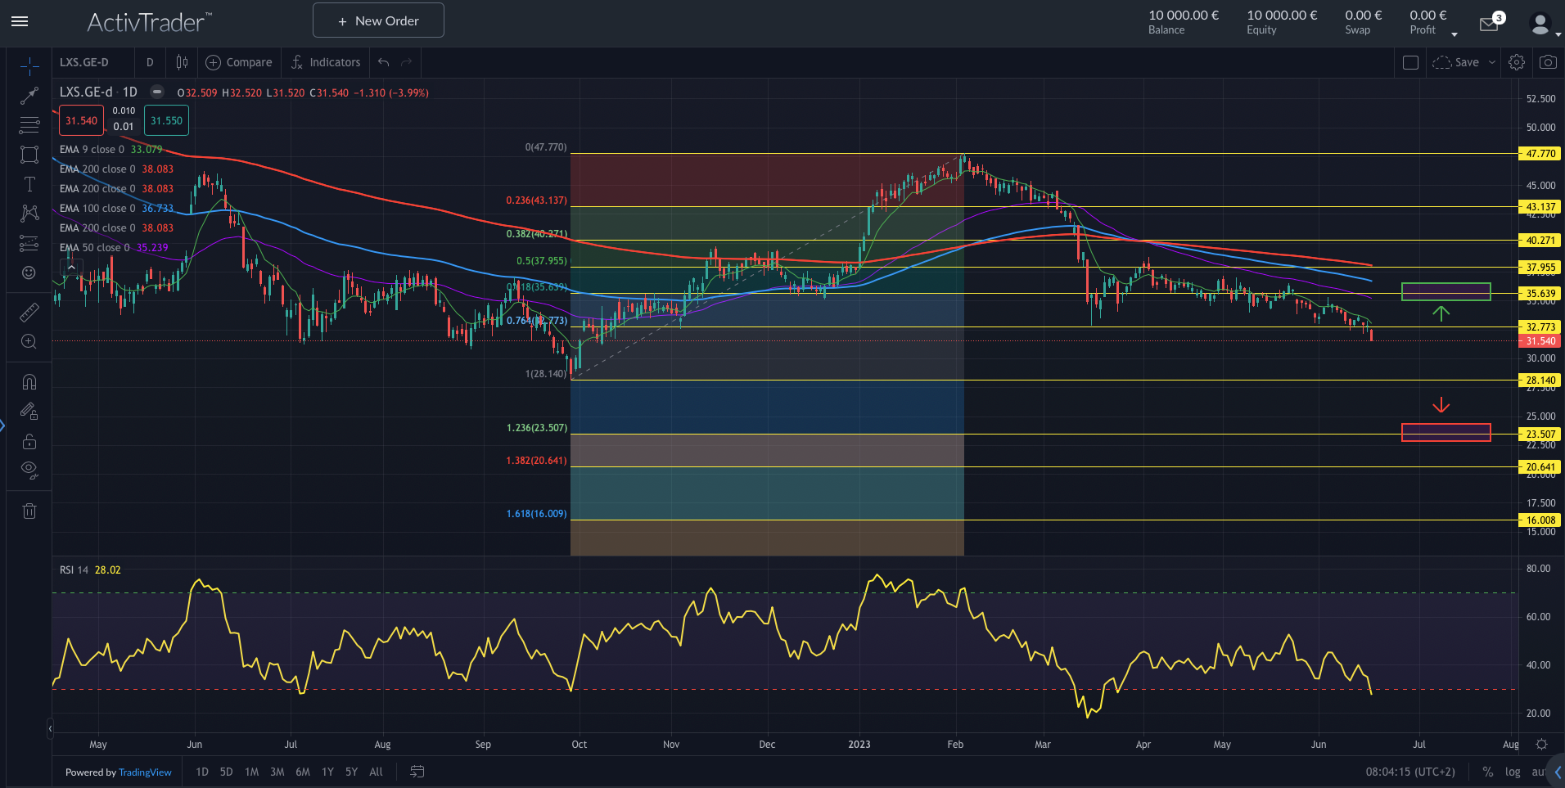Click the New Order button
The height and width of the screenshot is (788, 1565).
378,20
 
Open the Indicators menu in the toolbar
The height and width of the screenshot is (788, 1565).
326,62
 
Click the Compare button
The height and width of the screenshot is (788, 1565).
239,62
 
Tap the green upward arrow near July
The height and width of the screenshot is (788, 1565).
1441,313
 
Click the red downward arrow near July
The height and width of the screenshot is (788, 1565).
1441,405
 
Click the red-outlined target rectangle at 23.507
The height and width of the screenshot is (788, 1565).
1445,432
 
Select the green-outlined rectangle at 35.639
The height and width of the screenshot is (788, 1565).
1445,291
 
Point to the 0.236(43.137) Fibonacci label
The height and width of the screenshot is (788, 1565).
536,200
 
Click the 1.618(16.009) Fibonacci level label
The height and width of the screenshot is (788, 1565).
536,514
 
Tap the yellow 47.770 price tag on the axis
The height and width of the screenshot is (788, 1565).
1540,153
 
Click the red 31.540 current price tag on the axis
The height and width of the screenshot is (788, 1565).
1540,341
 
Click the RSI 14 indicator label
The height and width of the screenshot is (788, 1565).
74,570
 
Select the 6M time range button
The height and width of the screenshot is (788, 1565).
303,772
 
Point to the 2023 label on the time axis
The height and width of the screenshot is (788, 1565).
859,745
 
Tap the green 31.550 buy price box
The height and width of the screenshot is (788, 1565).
166,121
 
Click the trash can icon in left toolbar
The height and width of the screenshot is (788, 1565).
29,511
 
